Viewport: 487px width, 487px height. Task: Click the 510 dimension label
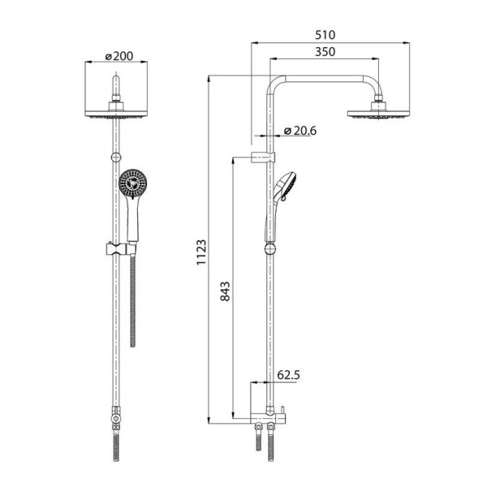[x=325, y=35]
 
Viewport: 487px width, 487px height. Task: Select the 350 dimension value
[x=325, y=52]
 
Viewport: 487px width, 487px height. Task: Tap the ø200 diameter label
[x=119, y=56]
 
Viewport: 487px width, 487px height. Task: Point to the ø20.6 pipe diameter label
[x=300, y=131]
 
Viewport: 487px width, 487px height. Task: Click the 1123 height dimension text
[x=201, y=252]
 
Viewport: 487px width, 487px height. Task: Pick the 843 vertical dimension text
[x=225, y=291]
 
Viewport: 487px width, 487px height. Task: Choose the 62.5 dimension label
[x=288, y=375]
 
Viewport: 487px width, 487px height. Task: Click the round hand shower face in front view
[x=132, y=184]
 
